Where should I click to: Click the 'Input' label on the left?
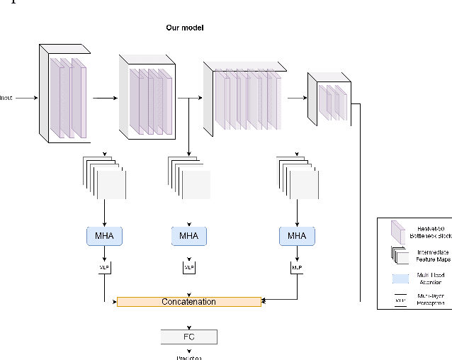click(6, 98)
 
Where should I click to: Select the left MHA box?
click(105, 235)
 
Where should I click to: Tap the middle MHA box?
click(189, 235)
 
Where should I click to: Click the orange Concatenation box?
click(188, 302)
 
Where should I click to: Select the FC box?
click(188, 337)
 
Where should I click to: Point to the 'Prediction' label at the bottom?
click(189, 357)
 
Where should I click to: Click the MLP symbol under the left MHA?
click(105, 268)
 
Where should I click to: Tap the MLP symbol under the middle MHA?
click(189, 268)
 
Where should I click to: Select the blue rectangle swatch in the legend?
click(397, 278)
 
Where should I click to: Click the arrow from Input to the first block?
click(26, 98)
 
